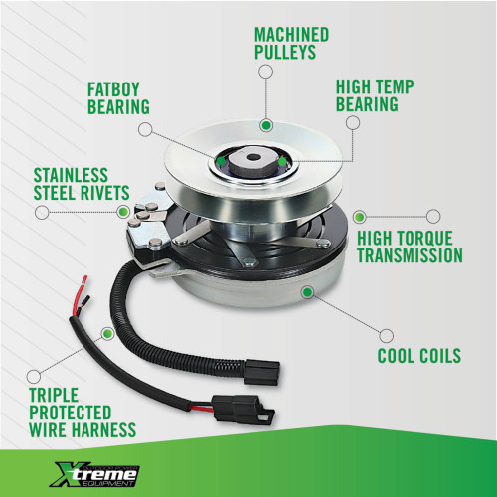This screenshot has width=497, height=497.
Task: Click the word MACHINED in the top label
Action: click(x=291, y=35)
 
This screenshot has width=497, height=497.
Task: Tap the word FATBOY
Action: click(x=113, y=89)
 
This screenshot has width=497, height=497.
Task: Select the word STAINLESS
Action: click(x=71, y=175)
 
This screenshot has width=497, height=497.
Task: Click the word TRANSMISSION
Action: click(x=410, y=255)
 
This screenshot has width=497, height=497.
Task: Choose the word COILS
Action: click(x=439, y=356)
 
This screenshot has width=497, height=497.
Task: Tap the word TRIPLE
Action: click(x=54, y=395)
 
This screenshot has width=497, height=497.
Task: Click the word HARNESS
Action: click(x=104, y=429)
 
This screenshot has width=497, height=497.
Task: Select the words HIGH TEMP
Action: click(x=375, y=86)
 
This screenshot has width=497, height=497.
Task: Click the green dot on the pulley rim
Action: click(x=266, y=125)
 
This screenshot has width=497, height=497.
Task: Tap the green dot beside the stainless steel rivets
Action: click(x=123, y=211)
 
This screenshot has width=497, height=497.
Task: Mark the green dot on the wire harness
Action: click(x=107, y=333)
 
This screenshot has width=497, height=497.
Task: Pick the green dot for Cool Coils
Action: click(x=307, y=292)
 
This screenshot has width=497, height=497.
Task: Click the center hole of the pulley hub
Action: click(x=254, y=157)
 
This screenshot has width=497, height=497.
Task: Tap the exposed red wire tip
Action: click(x=84, y=280)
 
